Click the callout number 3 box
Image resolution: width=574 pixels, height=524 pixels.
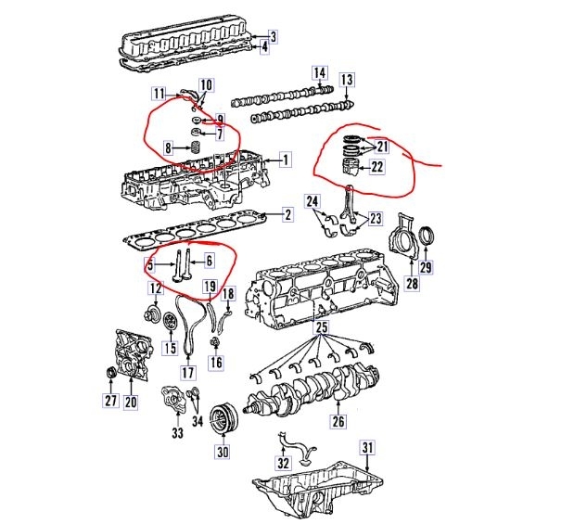coord(274,36)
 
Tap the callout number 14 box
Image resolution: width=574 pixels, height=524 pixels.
coord(319,73)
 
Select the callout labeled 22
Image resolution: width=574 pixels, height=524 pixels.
coord(377,167)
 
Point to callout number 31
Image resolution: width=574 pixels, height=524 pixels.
coord(367,449)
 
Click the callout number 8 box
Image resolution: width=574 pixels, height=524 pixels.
coord(168,147)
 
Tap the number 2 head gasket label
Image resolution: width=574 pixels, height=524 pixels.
coord(287,215)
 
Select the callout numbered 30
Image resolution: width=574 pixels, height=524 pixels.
coord(222,453)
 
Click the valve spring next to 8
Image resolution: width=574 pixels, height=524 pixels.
coord(197,146)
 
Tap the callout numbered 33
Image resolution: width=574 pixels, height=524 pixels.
coord(176,432)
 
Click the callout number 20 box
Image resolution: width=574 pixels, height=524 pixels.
coord(130,402)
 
